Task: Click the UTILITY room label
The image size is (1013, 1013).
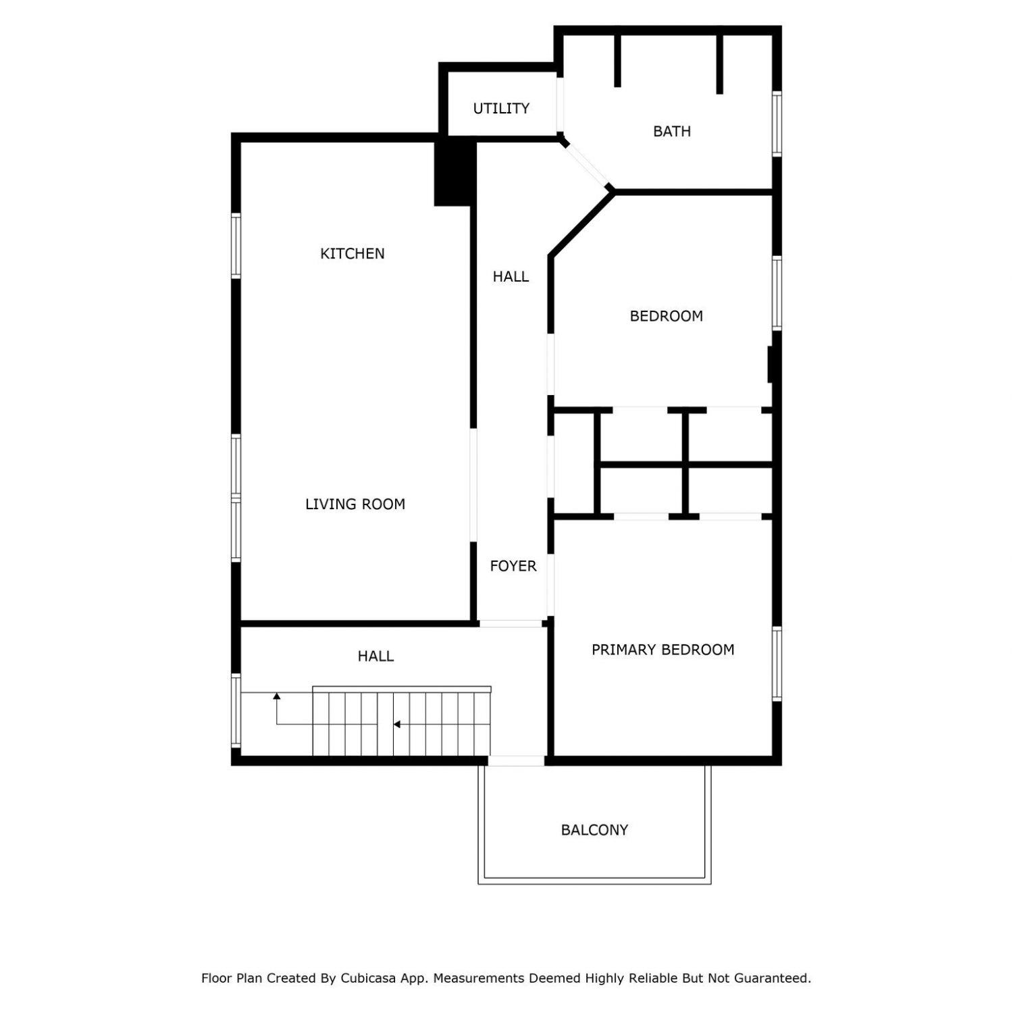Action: click(x=501, y=108)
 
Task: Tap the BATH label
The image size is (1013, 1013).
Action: click(x=672, y=131)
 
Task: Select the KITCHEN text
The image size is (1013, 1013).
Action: click(x=353, y=253)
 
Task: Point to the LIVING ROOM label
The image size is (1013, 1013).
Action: click(x=355, y=504)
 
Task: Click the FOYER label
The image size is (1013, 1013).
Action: click(x=513, y=566)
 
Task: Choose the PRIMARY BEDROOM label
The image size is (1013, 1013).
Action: click(x=663, y=650)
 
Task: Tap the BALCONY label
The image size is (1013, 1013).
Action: click(x=595, y=830)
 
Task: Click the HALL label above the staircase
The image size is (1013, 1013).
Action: click(x=376, y=656)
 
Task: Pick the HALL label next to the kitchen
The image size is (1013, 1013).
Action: click(x=511, y=276)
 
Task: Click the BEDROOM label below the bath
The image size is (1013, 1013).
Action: click(x=667, y=316)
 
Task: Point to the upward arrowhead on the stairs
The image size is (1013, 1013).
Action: click(x=277, y=696)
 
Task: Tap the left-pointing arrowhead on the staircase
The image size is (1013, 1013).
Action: click(x=397, y=725)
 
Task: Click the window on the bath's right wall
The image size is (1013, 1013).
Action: click(x=777, y=124)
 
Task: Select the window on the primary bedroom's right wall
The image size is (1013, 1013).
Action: click(x=777, y=664)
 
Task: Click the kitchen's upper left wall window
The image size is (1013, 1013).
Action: click(x=236, y=245)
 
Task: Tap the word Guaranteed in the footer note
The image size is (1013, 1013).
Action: click(x=771, y=978)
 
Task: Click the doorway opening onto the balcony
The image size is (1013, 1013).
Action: click(x=516, y=761)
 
